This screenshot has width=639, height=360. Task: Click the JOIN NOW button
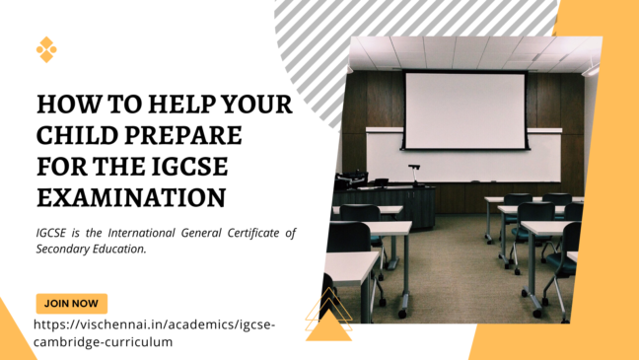pos(71,304)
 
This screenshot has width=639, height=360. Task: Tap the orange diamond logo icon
pos(46,49)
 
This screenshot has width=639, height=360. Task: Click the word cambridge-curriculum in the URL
pos(104,341)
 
